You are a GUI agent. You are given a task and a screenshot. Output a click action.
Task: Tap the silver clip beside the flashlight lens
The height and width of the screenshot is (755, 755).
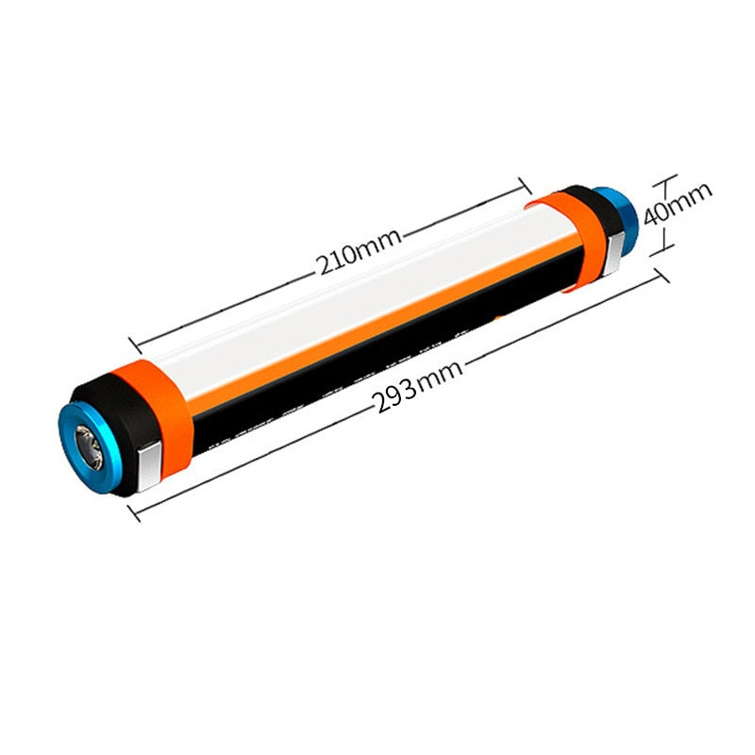point(147,469)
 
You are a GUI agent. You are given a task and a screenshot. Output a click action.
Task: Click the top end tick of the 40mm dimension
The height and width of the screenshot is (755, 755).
point(666,179)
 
